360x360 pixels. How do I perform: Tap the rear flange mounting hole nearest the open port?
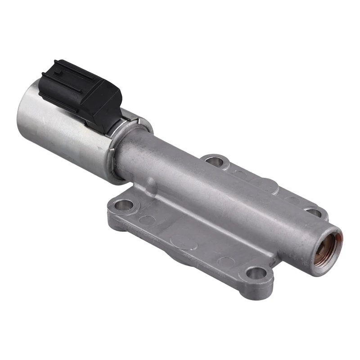point(314,212)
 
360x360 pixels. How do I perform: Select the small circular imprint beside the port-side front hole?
point(225,261)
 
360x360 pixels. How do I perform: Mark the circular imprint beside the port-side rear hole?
point(293,200)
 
